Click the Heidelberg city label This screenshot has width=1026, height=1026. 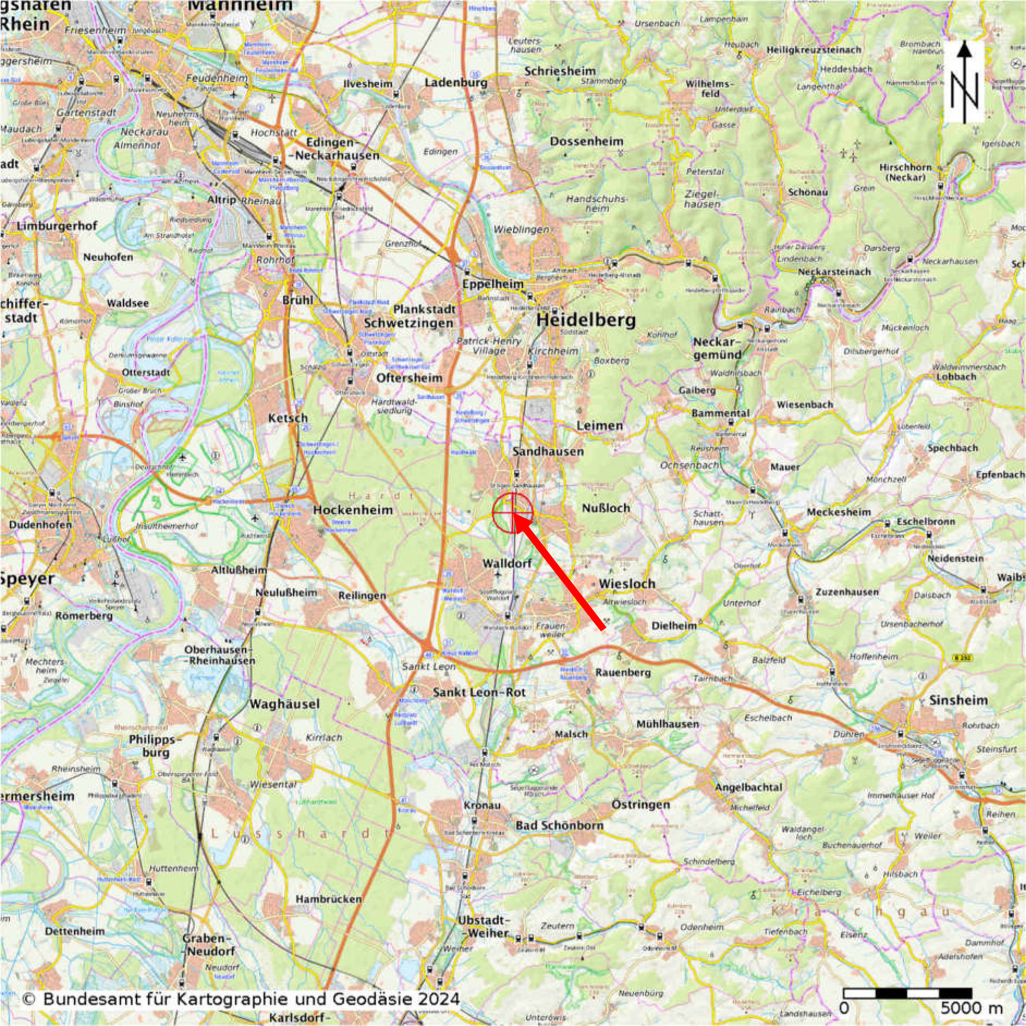pos(586,320)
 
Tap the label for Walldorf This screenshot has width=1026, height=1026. pos(507,562)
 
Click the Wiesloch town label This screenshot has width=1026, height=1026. pos(627,584)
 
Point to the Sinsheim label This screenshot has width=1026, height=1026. pos(958,700)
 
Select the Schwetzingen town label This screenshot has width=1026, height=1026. pos(408,323)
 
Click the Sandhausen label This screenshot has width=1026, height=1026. pos(548,452)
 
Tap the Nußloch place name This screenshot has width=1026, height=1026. pos(606,508)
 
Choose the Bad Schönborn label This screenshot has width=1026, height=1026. pos(559,825)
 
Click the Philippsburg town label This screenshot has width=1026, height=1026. pos(149,746)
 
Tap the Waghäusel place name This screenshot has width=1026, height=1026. pos(284,704)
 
